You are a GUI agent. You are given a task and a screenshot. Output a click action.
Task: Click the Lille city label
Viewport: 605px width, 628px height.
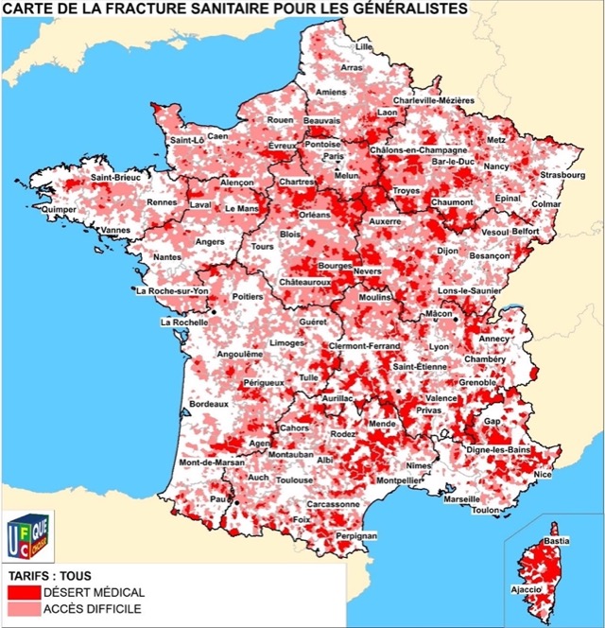364,45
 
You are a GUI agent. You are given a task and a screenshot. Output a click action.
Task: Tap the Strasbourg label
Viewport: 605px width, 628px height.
563,175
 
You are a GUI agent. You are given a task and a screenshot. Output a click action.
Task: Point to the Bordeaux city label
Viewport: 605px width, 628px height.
209,404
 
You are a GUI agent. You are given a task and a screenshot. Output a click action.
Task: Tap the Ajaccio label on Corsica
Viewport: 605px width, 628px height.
527,589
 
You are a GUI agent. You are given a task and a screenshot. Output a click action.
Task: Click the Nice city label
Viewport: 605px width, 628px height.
542,474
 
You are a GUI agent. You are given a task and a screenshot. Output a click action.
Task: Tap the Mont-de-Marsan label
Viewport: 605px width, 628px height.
212,462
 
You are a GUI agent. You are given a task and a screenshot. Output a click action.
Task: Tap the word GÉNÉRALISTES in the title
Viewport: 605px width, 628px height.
401,9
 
